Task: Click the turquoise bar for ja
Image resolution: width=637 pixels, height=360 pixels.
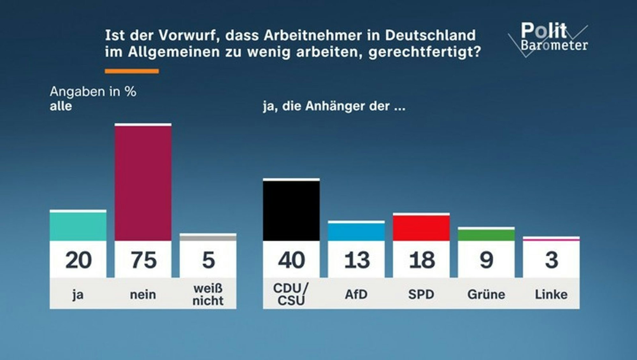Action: (x=78, y=226)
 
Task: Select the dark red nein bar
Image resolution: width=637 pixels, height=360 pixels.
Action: (x=143, y=183)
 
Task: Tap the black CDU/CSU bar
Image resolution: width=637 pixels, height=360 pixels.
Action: (x=291, y=210)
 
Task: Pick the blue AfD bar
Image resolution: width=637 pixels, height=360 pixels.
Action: (x=356, y=232)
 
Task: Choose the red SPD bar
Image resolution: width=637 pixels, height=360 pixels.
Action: (x=421, y=228)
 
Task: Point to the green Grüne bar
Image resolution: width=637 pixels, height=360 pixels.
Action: (x=486, y=235)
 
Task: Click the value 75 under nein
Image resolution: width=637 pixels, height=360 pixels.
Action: (x=144, y=260)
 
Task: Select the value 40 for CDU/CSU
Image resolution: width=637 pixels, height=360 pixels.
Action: (x=291, y=260)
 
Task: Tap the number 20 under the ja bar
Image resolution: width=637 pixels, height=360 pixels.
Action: (x=78, y=260)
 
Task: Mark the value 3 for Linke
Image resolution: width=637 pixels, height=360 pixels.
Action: (x=551, y=260)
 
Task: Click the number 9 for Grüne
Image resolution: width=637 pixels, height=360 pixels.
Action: (x=486, y=260)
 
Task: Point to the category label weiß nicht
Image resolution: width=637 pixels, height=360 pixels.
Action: (x=208, y=294)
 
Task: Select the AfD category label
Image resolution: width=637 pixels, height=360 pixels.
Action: (x=356, y=294)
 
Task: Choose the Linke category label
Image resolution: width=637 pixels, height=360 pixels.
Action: (x=551, y=294)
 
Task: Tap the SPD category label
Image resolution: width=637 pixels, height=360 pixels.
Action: (x=421, y=294)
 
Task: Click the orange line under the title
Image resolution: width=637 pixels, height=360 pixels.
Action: (x=132, y=71)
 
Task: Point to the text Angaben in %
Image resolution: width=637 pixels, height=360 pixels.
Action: (x=93, y=92)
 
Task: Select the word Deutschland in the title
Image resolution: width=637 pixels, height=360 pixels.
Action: (x=430, y=35)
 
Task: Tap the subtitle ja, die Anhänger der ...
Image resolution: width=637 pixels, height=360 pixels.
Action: (x=334, y=106)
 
